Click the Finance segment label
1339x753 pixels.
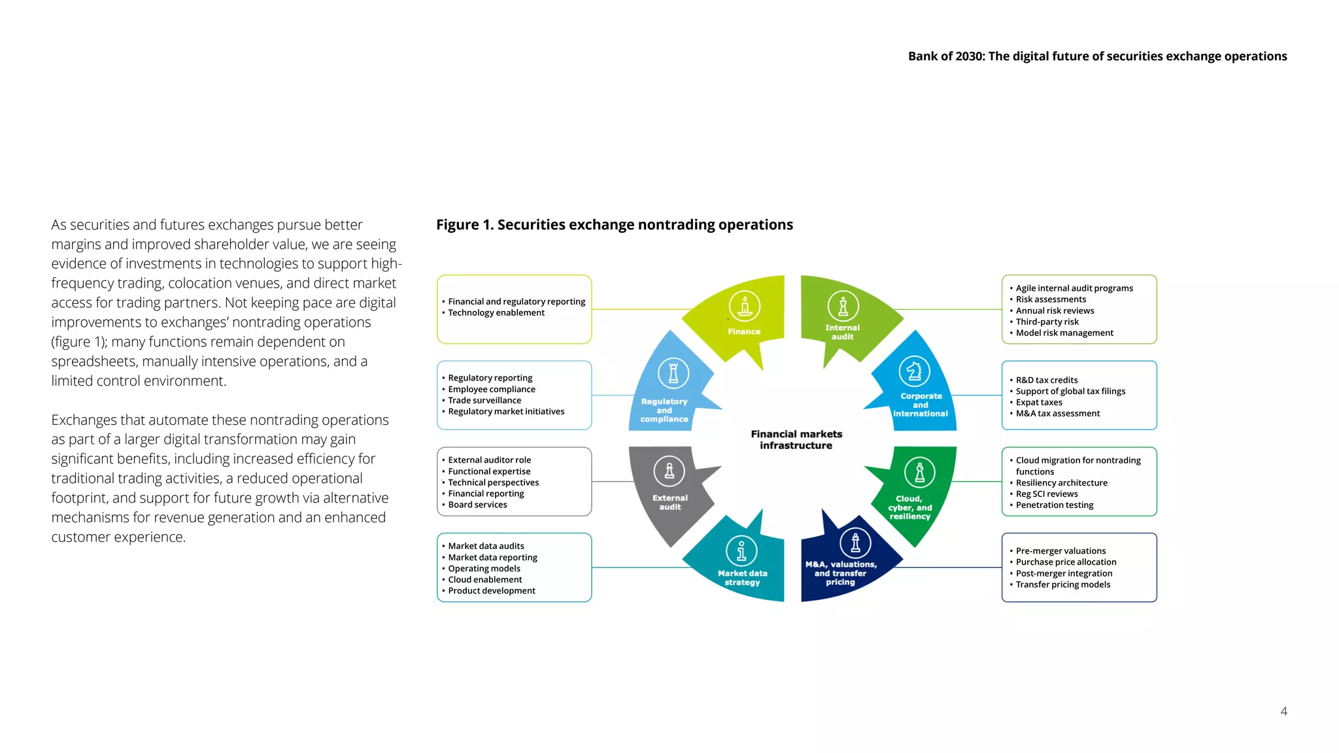click(x=744, y=331)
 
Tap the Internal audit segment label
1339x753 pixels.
click(x=842, y=332)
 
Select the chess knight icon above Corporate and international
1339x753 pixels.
click(x=914, y=371)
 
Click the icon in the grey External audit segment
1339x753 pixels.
click(x=669, y=471)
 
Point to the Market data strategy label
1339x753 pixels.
click(x=743, y=578)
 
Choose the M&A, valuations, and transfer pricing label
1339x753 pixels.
click(x=841, y=573)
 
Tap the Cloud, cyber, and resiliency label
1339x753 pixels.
click(x=910, y=508)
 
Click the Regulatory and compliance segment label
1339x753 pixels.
click(x=664, y=410)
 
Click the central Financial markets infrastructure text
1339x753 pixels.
click(x=796, y=440)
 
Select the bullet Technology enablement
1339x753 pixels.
click(x=496, y=313)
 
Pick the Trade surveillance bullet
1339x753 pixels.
click(x=484, y=401)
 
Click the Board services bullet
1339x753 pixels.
click(x=477, y=505)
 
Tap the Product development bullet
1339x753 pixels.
click(x=492, y=591)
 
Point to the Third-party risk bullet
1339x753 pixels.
click(x=1047, y=322)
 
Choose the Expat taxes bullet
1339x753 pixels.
click(x=1039, y=403)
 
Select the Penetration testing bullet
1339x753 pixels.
click(x=1055, y=505)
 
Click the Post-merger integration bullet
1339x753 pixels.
click(x=1064, y=574)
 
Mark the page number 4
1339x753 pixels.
click(x=1283, y=711)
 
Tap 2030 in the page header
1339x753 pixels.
click(x=969, y=56)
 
